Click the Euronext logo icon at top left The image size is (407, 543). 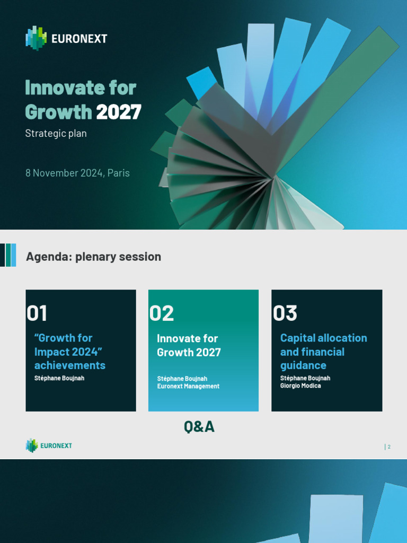pyautogui.click(x=36, y=38)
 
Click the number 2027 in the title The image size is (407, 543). pyautogui.click(x=119, y=112)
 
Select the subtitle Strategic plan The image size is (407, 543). pyautogui.click(x=56, y=134)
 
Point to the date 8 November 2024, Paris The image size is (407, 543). pyautogui.click(x=77, y=173)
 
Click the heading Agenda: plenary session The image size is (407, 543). pyautogui.click(x=93, y=257)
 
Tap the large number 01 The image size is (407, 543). pyautogui.click(x=37, y=313)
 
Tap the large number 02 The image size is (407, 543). pyautogui.click(x=162, y=313)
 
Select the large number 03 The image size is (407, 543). pyautogui.click(x=285, y=313)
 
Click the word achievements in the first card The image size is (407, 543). pyautogui.click(x=69, y=365)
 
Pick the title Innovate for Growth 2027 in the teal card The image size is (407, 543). pyautogui.click(x=189, y=345)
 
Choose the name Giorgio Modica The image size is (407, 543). pyautogui.click(x=300, y=386)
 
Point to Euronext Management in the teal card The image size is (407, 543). pyautogui.click(x=188, y=386)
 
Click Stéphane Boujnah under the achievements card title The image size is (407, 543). pyautogui.click(x=59, y=378)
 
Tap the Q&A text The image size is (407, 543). pyautogui.click(x=199, y=427)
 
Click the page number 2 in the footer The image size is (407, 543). pyautogui.click(x=389, y=447)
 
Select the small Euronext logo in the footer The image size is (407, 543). pyautogui.click(x=49, y=446)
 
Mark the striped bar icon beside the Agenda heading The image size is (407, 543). pyautogui.click(x=8, y=255)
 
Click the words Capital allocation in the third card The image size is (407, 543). pyautogui.click(x=323, y=338)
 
